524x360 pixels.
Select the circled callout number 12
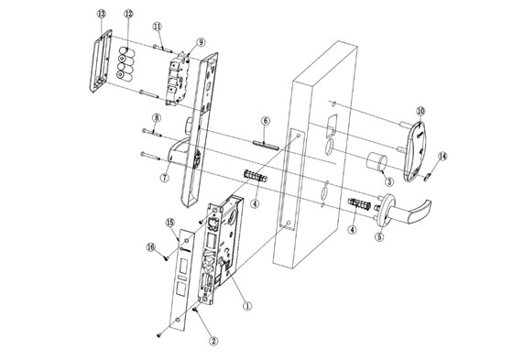[x=128, y=15]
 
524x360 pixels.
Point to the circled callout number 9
[x=201, y=41]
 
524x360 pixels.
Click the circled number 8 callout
[x=157, y=119]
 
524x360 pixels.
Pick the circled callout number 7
[x=164, y=177]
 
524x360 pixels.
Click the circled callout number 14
[x=442, y=157]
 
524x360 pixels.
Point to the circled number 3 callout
[x=388, y=182]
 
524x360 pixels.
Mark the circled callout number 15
[x=169, y=223]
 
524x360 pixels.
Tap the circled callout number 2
[x=213, y=341]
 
